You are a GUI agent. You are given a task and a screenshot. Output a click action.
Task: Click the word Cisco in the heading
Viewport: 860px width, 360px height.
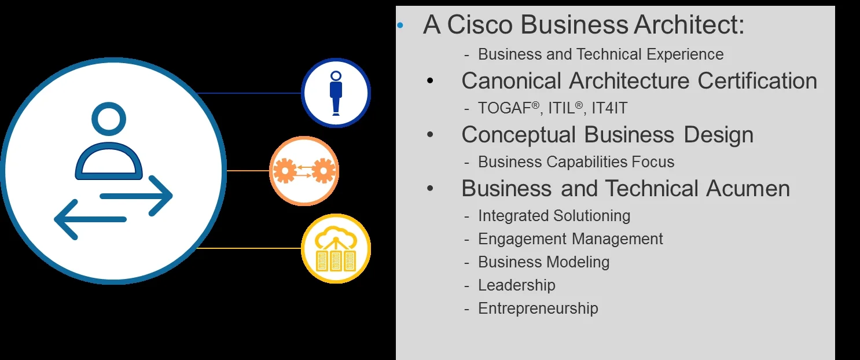(480, 24)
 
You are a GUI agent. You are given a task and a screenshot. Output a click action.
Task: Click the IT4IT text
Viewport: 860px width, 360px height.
(609, 108)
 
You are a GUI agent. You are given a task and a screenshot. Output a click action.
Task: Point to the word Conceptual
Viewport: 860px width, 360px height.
(519, 135)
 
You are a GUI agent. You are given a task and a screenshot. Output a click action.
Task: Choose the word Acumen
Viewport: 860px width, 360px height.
(748, 189)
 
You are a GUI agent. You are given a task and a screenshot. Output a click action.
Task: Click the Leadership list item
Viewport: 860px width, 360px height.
(516, 285)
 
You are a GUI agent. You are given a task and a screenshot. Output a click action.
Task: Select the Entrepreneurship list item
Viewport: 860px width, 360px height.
(538, 308)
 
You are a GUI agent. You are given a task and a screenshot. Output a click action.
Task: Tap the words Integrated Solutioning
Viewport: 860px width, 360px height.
(554, 216)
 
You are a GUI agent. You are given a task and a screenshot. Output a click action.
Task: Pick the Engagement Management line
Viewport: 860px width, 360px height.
(570, 239)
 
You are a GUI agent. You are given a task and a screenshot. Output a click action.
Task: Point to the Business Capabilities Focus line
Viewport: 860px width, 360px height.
(576, 162)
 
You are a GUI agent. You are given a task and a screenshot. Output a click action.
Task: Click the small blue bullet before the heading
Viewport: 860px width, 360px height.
(400, 25)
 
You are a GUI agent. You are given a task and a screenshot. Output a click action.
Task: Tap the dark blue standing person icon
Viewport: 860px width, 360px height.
(336, 93)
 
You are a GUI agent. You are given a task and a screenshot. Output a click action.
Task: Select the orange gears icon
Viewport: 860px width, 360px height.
(304, 171)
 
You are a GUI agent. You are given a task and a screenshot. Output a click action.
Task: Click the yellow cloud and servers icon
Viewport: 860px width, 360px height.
(336, 249)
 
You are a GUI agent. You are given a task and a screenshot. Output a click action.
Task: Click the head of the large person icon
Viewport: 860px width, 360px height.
(109, 119)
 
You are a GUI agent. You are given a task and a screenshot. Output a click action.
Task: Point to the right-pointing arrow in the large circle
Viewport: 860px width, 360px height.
(137, 196)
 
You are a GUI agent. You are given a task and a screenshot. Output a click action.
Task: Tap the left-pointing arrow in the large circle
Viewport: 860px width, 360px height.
(90, 219)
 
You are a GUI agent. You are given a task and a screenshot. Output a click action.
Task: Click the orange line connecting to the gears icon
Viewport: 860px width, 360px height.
(248, 170)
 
